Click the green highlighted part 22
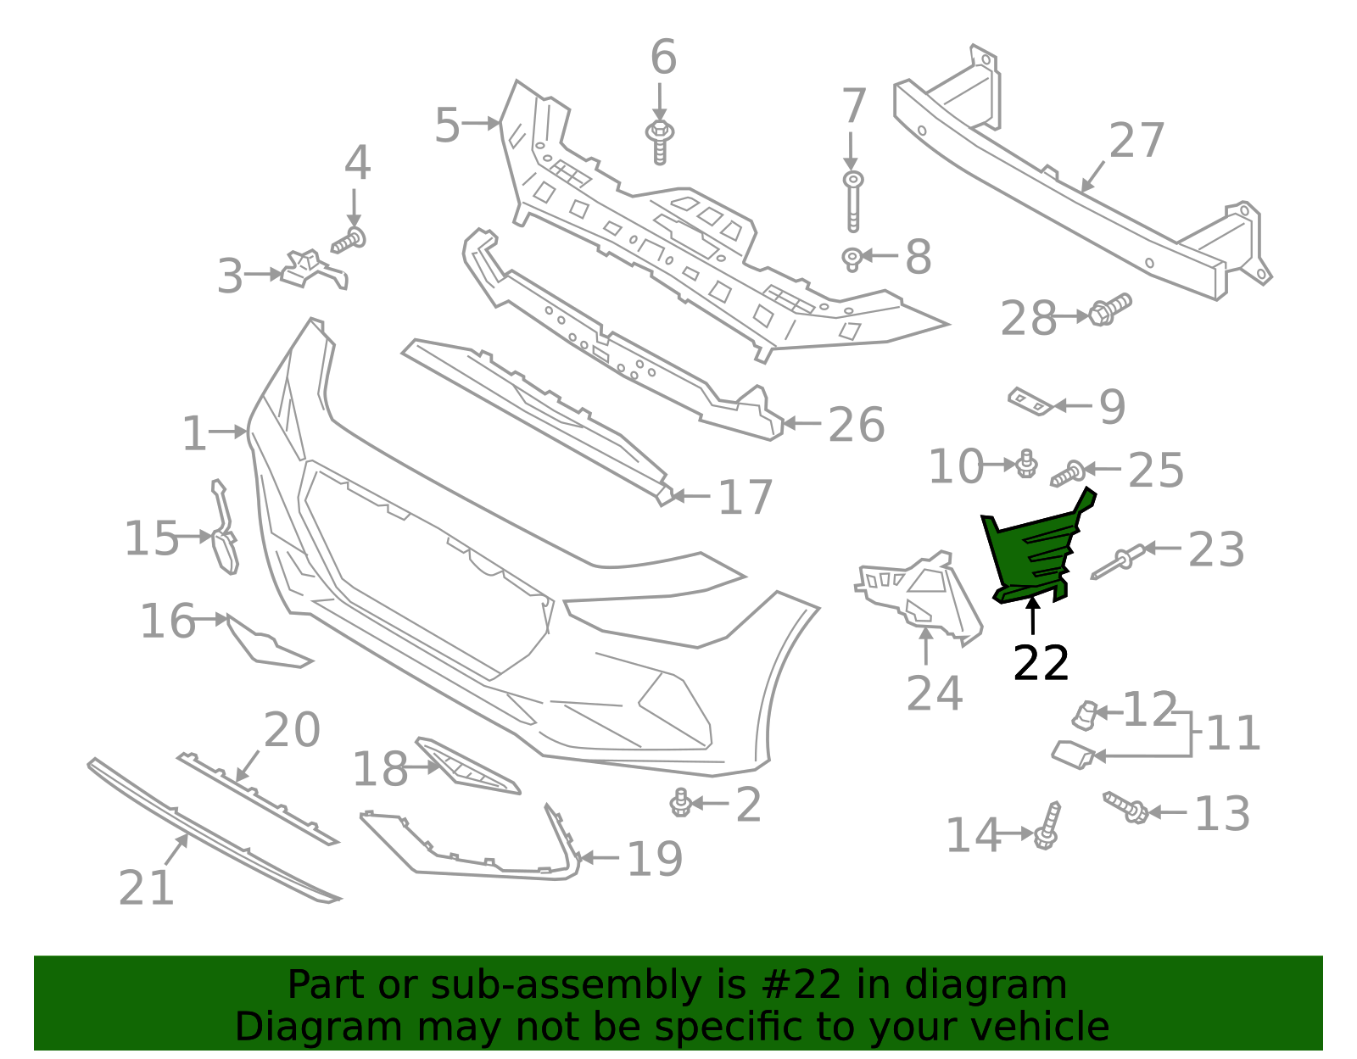pos(1030,551)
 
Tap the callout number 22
pos(1041,663)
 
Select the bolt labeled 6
pos(660,141)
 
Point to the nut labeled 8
pos(852,258)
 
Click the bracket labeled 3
pos(310,270)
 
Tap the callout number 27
pos(1136,142)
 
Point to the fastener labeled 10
pos(1026,464)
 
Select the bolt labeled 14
pos(1048,826)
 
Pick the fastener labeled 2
pos(680,802)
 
